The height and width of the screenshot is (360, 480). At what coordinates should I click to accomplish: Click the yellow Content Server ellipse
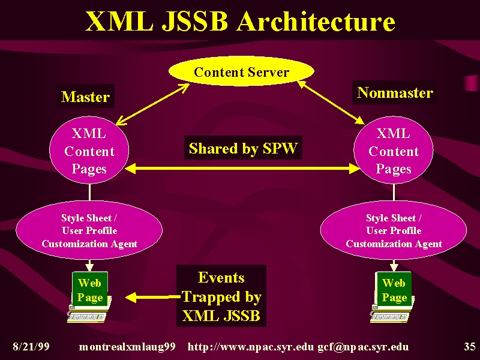[x=241, y=71]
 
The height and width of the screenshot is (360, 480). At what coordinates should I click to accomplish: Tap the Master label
[x=85, y=97]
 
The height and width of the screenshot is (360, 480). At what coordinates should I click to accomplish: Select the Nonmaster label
[x=395, y=92]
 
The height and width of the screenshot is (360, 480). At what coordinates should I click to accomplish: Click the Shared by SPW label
[x=243, y=148]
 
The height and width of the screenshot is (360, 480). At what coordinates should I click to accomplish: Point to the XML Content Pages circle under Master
[x=89, y=151]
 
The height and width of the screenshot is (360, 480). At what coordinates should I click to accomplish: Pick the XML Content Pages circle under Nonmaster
[x=394, y=151]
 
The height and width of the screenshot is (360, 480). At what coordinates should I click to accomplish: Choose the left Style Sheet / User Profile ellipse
[x=89, y=230]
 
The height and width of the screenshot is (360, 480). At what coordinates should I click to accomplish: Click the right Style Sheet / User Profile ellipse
[x=394, y=230]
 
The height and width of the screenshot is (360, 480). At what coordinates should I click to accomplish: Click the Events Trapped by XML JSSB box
[x=221, y=296]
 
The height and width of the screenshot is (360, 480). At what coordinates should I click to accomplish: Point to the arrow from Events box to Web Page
[x=153, y=297]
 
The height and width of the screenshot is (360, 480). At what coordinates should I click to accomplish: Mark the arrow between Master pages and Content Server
[x=152, y=104]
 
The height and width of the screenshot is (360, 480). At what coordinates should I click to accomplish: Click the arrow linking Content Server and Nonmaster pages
[x=331, y=102]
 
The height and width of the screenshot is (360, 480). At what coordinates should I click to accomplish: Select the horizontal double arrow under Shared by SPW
[x=242, y=169]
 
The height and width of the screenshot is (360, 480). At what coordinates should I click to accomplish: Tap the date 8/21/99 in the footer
[x=31, y=347]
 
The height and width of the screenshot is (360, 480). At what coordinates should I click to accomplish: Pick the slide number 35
[x=470, y=347]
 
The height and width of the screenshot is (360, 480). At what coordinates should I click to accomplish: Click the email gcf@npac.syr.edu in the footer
[x=363, y=347]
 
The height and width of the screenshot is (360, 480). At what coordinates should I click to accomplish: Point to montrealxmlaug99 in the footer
[x=127, y=347]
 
